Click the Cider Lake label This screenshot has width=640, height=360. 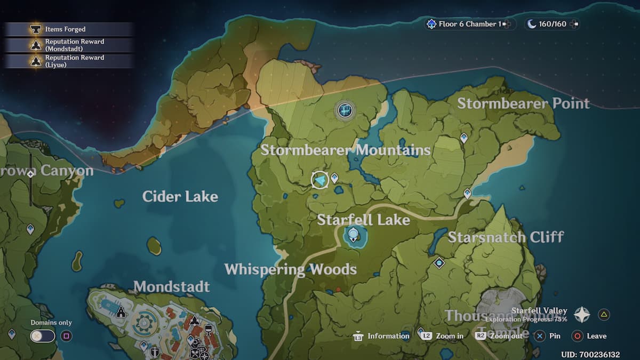click(x=180, y=196)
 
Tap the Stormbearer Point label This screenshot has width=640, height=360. click(x=523, y=103)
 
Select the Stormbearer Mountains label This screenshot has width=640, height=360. click(x=345, y=150)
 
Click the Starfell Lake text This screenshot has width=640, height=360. click(x=363, y=220)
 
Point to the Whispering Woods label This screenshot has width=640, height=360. click(x=290, y=269)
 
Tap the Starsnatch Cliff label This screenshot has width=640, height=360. click(x=506, y=237)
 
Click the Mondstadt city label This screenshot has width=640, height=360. click(x=171, y=286)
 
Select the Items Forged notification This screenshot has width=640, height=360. click(x=68, y=29)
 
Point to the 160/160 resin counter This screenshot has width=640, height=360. click(x=552, y=24)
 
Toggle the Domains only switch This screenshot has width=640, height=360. click(x=43, y=336)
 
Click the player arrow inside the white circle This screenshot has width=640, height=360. click(x=320, y=180)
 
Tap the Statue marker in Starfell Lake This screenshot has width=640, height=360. click(x=353, y=233)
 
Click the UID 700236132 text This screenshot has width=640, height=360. click(x=590, y=354)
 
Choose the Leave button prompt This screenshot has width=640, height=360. click(x=589, y=336)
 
